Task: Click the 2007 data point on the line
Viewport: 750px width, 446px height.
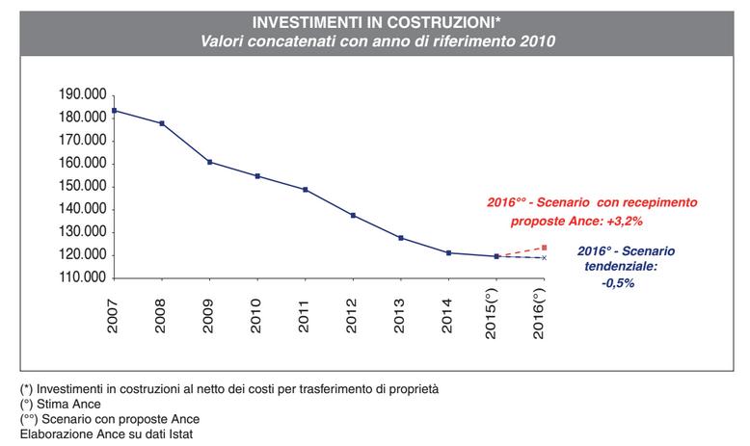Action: point(114,110)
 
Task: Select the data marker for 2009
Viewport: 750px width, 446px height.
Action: point(209,162)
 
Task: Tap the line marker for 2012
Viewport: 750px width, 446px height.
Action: point(353,215)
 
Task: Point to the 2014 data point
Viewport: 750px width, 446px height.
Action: point(448,252)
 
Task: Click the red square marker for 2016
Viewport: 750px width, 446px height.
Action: point(544,248)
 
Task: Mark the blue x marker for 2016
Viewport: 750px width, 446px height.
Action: point(544,257)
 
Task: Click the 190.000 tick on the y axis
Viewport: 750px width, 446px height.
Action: point(82,94)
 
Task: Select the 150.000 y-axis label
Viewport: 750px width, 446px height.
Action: point(82,186)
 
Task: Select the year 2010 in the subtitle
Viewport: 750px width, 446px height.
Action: point(538,41)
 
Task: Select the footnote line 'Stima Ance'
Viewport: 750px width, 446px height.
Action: point(60,404)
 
